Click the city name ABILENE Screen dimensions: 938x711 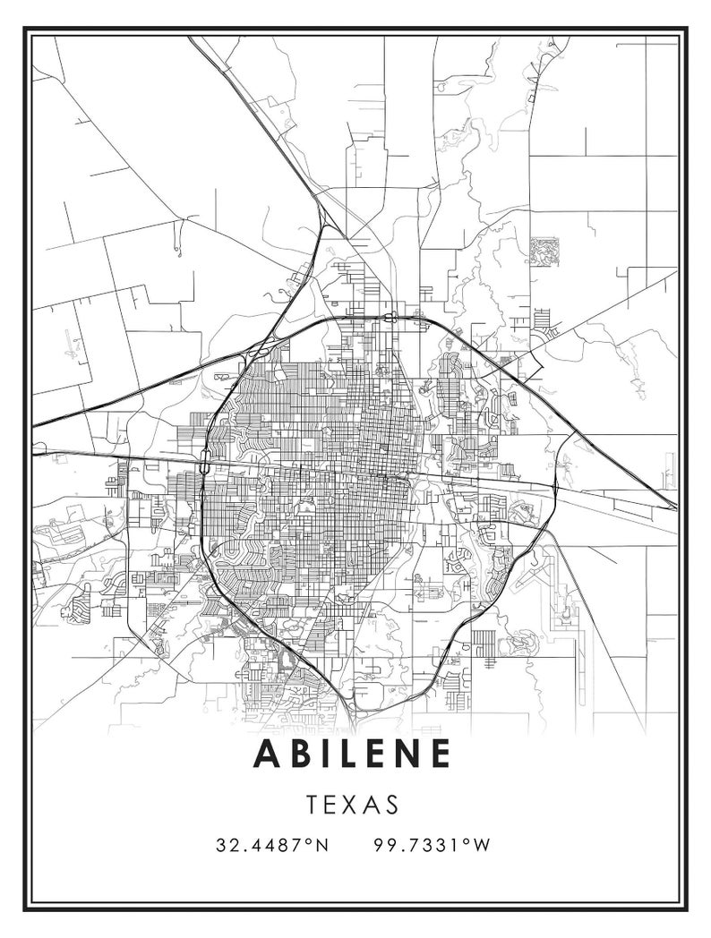point(353,754)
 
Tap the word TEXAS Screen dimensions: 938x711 point(352,804)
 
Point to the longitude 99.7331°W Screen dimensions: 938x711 point(433,845)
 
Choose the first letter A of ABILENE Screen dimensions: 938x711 point(270,754)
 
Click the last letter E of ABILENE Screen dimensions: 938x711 point(440,754)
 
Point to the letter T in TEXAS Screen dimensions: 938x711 point(313,804)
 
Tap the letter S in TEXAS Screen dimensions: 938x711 point(391,804)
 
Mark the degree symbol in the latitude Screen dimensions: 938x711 point(310,841)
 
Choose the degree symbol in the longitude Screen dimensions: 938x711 point(469,841)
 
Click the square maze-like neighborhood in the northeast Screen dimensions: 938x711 point(544,251)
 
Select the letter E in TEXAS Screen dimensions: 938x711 point(332,804)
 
